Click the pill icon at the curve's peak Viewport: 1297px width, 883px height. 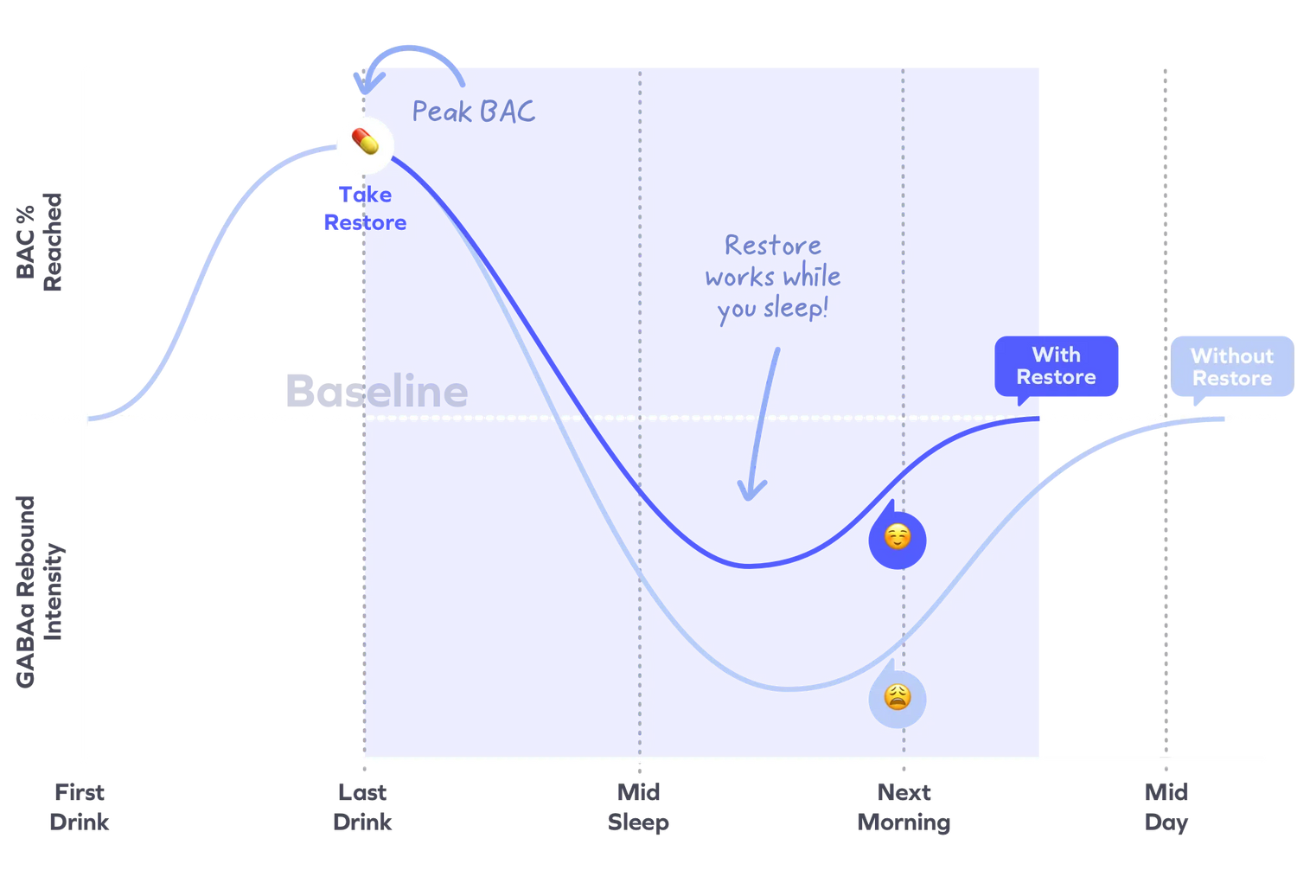tap(365, 144)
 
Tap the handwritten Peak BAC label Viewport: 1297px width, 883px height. tap(473, 112)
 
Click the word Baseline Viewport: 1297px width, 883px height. tap(376, 391)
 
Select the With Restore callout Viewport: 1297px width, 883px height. tap(1057, 366)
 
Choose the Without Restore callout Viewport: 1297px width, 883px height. tap(1231, 367)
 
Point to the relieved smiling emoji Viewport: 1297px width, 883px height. tap(898, 537)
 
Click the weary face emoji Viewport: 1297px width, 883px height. tap(898, 697)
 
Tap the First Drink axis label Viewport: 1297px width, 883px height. tap(80, 806)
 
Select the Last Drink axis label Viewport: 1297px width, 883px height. tap(363, 806)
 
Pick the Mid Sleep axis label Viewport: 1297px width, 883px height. tap(639, 806)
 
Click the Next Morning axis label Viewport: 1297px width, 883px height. tap(904, 806)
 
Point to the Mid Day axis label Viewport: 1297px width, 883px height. tap(1166, 806)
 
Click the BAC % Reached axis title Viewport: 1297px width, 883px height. tap(40, 243)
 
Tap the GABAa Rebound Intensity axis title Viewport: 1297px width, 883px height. tap(40, 592)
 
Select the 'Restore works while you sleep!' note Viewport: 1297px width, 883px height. tap(773, 277)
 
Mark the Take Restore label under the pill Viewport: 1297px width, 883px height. tap(363, 208)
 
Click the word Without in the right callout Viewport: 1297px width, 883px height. tap(1231, 355)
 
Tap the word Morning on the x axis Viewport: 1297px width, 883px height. tap(904, 822)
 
